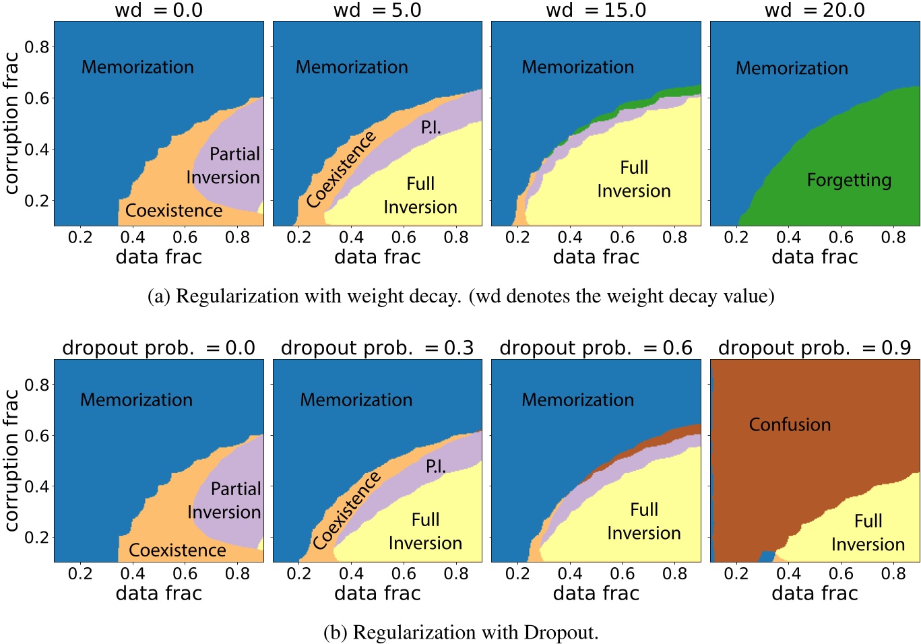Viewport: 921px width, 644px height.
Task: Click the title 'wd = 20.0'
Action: coord(815,10)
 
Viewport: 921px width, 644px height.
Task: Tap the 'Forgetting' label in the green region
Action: coord(849,180)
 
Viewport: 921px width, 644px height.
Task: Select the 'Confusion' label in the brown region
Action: coord(790,424)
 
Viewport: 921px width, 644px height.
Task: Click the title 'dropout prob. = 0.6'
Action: coord(596,348)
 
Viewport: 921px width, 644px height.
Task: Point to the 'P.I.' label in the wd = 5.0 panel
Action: coord(431,127)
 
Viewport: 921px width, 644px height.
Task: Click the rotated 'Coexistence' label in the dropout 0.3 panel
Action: coord(346,511)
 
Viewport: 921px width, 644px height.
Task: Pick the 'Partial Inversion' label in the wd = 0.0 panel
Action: coord(224,166)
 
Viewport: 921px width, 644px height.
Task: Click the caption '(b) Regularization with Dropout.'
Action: coord(461,632)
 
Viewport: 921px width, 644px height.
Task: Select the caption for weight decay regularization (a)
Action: coord(461,296)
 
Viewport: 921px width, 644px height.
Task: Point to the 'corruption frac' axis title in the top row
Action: coord(11,123)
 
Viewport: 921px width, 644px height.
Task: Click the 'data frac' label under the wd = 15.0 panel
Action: coord(596,257)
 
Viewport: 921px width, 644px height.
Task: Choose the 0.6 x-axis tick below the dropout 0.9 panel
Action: coord(841,574)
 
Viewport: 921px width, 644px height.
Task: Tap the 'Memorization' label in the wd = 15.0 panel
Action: coord(577,67)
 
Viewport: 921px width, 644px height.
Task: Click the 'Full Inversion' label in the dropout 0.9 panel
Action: coord(868,532)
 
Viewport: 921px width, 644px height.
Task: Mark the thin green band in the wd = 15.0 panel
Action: coord(677,92)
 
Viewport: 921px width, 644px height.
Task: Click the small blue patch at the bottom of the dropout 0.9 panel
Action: coord(766,556)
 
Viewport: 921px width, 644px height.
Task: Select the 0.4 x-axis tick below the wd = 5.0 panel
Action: coord(351,237)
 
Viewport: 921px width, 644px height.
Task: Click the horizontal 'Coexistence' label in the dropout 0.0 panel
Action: coord(177,550)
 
